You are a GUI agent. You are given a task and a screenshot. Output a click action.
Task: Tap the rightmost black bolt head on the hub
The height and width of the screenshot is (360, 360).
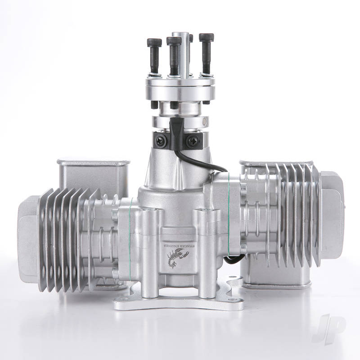point(206,37)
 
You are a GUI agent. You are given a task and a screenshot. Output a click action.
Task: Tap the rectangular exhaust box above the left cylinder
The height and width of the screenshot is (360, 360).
point(93,173)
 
